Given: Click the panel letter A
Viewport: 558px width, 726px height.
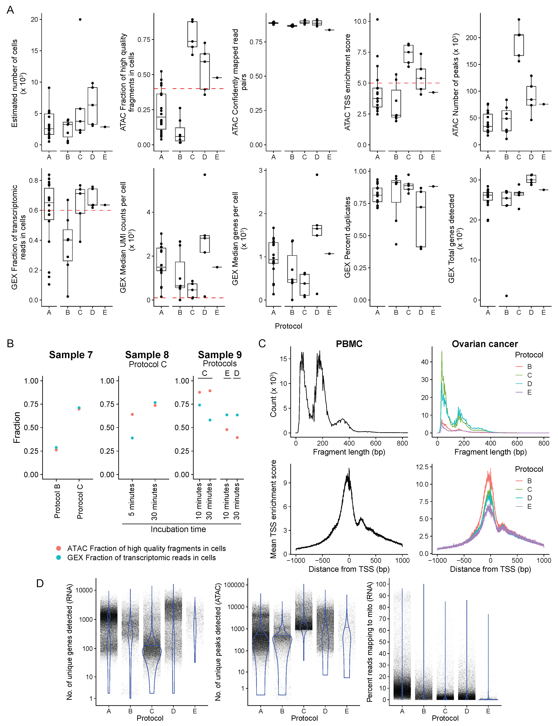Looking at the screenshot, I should point(10,10).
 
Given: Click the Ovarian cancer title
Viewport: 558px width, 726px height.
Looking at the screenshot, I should point(485,344).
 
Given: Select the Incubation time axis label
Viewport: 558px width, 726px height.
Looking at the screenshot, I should point(178,529).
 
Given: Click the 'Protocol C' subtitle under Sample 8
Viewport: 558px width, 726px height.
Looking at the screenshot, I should point(148,364).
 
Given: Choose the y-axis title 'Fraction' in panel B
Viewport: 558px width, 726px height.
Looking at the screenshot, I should point(17,427).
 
